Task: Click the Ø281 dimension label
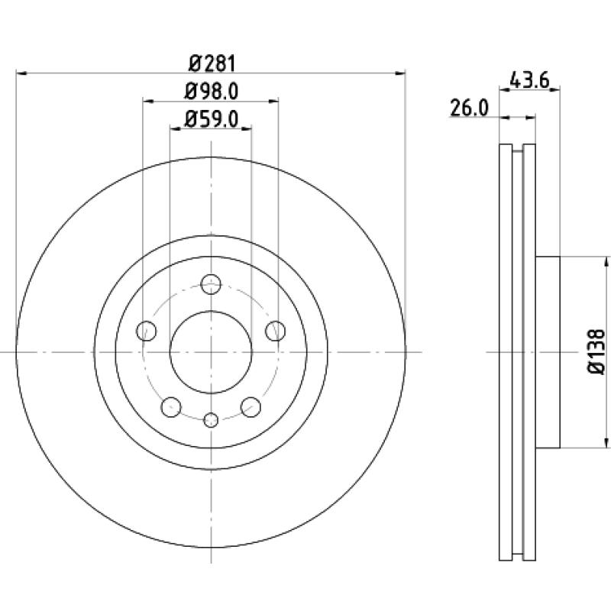click(x=212, y=64)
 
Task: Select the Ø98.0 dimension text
click(x=211, y=92)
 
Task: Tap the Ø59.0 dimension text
click(x=211, y=119)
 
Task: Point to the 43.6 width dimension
click(x=529, y=81)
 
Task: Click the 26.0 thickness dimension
click(x=469, y=108)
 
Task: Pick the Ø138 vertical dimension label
click(x=596, y=352)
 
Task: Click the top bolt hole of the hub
click(x=211, y=284)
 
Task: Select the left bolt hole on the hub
click(x=146, y=331)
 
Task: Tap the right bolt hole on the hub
click(x=275, y=331)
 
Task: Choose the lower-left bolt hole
click(x=170, y=407)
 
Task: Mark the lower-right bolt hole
click(x=251, y=407)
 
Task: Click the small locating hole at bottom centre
click(x=211, y=419)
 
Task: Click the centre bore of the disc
click(x=211, y=352)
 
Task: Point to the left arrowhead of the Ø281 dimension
click(x=21, y=73)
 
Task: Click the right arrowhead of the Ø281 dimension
click(x=400, y=73)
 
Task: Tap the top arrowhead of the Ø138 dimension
click(x=606, y=261)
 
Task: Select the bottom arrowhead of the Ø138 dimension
click(x=606, y=443)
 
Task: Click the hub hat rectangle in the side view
click(x=548, y=352)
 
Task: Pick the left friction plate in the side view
click(x=506, y=352)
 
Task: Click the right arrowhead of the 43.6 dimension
click(x=555, y=90)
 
